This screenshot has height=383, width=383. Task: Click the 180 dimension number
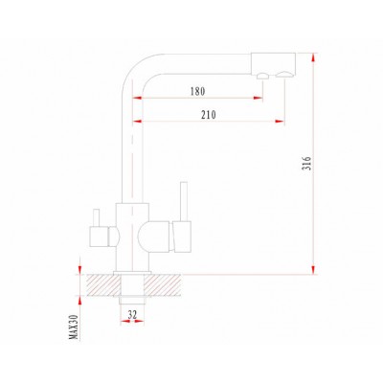197,92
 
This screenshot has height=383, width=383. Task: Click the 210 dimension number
209,115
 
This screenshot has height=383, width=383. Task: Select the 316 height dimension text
306,163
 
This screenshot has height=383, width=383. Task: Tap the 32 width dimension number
132,315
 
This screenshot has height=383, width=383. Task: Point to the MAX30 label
75,327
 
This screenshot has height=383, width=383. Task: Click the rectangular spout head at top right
273,63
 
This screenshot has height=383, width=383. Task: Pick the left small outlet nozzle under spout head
262,76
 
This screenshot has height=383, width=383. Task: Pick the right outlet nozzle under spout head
283,75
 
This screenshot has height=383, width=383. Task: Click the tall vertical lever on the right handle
184,201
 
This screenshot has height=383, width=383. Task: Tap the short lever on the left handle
96,217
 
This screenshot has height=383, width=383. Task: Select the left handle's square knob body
100,237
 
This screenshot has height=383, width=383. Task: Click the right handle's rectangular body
182,236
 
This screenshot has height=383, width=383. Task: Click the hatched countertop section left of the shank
103,285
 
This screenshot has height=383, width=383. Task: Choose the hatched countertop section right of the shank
162,285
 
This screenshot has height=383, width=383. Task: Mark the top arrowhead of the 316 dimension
314,57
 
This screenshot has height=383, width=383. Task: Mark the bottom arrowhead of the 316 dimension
314,270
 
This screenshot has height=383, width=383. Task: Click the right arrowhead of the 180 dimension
259,98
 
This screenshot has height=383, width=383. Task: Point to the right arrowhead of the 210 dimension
280,121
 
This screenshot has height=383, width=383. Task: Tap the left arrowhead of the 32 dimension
124,321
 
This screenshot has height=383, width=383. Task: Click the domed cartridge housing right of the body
154,237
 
